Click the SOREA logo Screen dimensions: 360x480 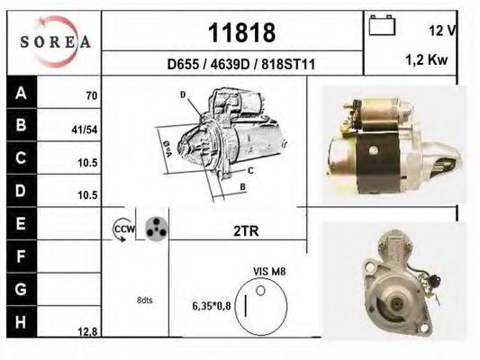pyautogui.click(x=55, y=41)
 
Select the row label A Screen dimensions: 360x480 pyautogui.click(x=21, y=93)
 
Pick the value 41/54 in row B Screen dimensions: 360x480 pyautogui.click(x=84, y=129)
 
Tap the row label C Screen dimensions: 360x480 pyautogui.click(x=21, y=157)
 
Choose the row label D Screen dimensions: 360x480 pyautogui.click(x=21, y=190)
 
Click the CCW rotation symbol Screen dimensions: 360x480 pyautogui.click(x=122, y=230)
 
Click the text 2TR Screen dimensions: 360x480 pyautogui.click(x=246, y=230)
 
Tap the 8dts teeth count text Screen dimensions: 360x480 pyautogui.click(x=145, y=300)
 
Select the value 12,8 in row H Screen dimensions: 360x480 pyautogui.click(x=87, y=331)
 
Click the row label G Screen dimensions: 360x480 pyautogui.click(x=21, y=290)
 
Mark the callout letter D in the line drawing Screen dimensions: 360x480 pyautogui.click(x=182, y=94)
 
